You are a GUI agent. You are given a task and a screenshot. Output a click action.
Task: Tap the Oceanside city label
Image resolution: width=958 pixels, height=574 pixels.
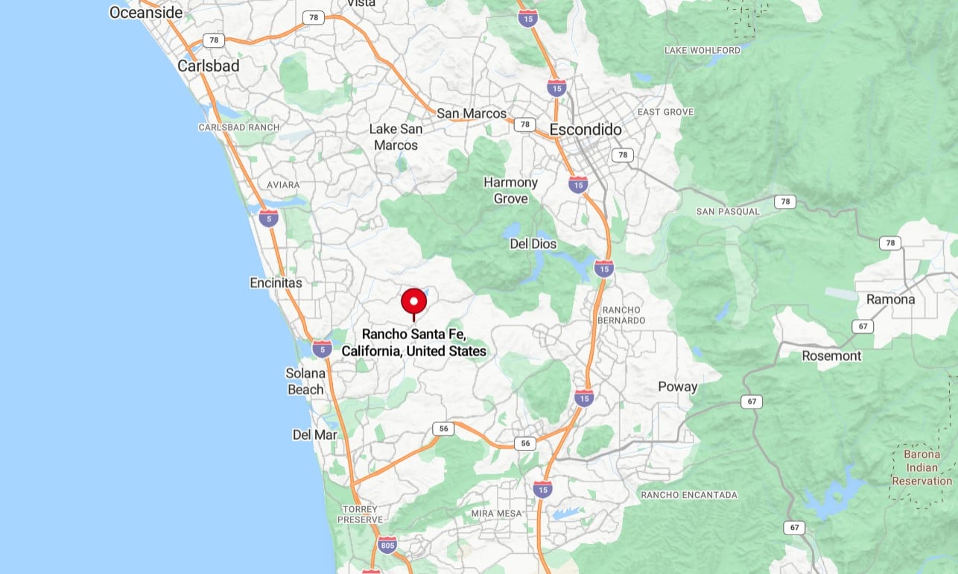(145, 12)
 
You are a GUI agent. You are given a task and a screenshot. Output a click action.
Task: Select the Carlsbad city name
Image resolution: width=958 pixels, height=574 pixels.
(209, 66)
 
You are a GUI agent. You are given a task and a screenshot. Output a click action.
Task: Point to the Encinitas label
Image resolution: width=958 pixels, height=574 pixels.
(276, 283)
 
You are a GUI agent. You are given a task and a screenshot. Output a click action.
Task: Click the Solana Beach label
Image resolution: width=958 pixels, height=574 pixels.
(305, 381)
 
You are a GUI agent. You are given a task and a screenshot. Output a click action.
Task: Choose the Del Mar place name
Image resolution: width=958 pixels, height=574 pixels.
(314, 435)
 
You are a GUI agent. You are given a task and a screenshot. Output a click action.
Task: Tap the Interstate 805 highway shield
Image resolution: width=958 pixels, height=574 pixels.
(387, 545)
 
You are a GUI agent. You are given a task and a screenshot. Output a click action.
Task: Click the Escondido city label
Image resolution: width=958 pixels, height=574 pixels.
(586, 130)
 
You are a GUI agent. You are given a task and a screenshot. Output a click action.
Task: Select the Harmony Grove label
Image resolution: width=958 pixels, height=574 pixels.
(510, 190)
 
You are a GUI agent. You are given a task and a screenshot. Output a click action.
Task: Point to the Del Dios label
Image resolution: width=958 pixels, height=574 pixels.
(533, 244)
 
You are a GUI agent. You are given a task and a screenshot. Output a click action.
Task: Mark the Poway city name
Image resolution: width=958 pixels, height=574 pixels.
(677, 386)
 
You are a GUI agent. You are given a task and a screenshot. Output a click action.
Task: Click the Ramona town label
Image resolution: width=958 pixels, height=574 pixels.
(890, 299)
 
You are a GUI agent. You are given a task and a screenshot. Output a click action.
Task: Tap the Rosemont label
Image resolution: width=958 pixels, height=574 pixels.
(831, 356)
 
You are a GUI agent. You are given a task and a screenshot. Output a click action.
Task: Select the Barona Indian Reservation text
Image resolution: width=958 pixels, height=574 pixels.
(921, 467)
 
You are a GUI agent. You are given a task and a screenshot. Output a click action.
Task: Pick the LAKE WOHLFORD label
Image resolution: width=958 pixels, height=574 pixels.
(702, 50)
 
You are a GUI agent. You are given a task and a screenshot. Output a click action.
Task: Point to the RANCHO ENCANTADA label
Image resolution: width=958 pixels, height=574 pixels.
(689, 494)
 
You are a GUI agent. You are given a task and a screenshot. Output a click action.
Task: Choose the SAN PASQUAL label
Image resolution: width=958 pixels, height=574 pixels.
(728, 211)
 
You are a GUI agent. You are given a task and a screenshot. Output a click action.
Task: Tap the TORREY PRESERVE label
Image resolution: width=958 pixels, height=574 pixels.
(361, 514)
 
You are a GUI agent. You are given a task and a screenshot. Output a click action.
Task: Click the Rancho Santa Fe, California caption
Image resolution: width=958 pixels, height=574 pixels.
(413, 343)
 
